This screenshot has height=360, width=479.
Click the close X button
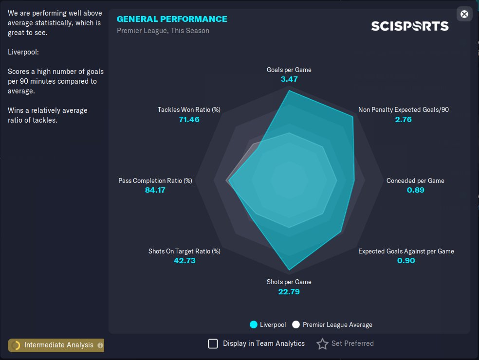point(464,14)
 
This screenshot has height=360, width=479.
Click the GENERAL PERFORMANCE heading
point(172,19)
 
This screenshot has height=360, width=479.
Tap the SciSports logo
point(409,25)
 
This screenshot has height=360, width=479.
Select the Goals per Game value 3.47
point(289,79)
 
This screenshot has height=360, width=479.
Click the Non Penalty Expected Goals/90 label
point(404,109)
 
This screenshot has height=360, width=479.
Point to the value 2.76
point(404,119)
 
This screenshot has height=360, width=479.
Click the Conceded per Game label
point(415,180)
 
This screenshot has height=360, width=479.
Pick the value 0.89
point(416,190)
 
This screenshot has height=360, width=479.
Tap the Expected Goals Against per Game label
point(406,251)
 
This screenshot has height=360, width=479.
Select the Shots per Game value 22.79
point(289,291)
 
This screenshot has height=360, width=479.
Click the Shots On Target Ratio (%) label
point(184,251)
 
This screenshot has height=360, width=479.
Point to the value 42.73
point(184,260)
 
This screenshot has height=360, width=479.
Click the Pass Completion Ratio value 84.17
point(155,190)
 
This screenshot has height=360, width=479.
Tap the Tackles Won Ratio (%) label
point(189,109)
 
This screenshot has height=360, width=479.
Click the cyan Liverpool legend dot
point(253,324)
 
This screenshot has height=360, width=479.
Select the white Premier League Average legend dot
point(296,324)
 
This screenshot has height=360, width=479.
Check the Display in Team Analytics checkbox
point(213,343)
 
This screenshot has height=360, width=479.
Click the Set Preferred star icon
point(322,344)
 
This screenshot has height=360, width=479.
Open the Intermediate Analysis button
point(56,345)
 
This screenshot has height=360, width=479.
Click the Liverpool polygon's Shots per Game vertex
point(290,270)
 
